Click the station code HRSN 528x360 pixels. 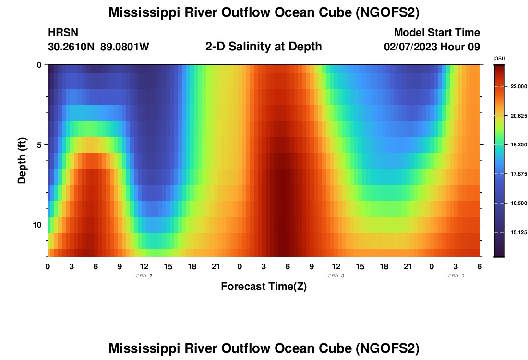[63, 33]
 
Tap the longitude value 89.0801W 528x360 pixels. [125, 47]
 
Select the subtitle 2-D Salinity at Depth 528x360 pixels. [264, 47]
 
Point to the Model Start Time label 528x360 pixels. [437, 33]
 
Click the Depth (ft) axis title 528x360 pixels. [22, 161]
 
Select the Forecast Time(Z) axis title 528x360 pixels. [264, 287]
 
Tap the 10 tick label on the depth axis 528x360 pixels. [39, 225]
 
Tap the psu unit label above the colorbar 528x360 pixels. [500, 58]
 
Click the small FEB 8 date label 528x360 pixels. [336, 276]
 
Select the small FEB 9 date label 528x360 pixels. [456, 276]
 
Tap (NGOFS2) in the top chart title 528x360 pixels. [388, 13]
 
